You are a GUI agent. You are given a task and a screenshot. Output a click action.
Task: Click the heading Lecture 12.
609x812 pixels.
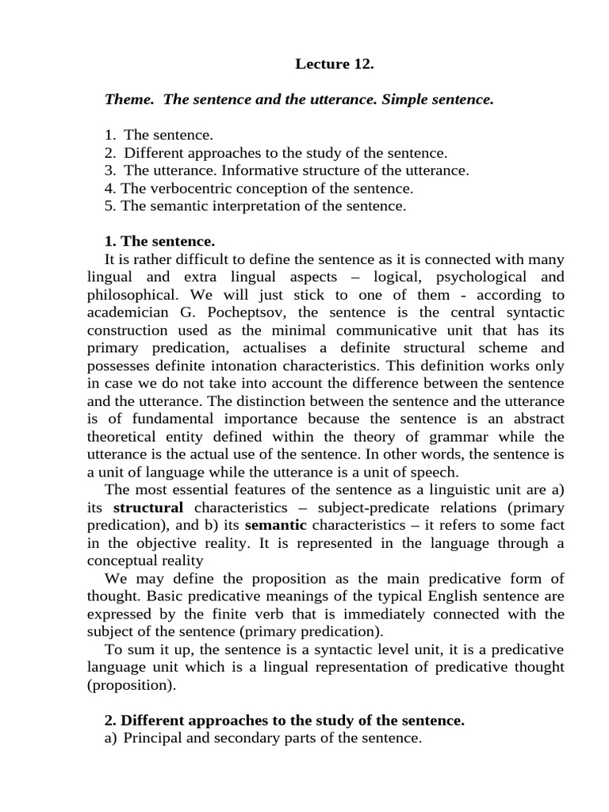click(334, 64)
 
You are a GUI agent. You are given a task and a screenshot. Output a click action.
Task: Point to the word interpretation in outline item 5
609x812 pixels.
click(287, 205)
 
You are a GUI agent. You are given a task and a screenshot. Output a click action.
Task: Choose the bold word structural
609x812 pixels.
click(148, 507)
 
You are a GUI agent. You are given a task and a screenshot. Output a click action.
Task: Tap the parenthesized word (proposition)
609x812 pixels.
click(130, 685)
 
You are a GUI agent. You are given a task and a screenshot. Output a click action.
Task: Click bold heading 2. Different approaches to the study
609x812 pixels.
click(284, 720)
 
